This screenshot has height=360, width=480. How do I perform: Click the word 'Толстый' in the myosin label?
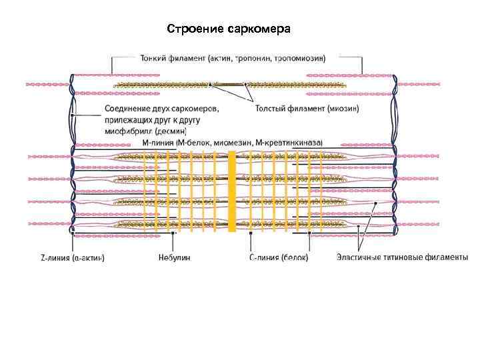point(273,107)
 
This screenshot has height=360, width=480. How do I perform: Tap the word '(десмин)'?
point(180,131)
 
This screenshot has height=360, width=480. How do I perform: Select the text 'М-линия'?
point(159,143)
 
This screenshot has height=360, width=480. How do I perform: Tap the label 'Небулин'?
point(174,257)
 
